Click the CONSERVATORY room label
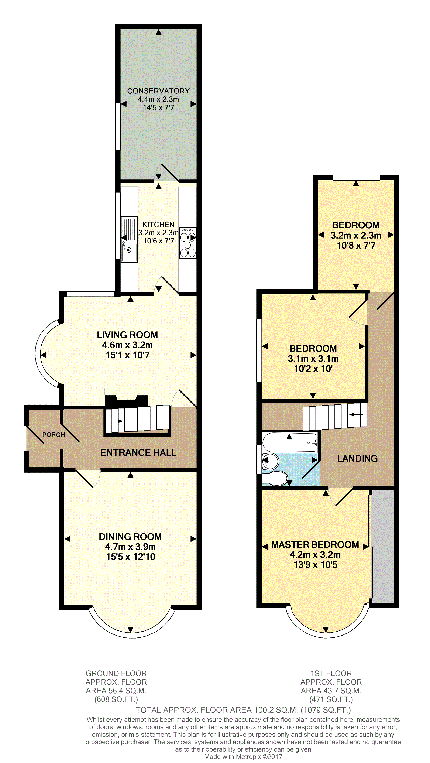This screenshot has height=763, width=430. (x=158, y=91)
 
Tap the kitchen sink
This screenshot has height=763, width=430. (x=129, y=239)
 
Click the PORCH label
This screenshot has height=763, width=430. (x=54, y=435)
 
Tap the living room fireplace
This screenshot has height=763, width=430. (x=127, y=397)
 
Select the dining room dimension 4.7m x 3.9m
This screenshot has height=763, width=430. (x=130, y=547)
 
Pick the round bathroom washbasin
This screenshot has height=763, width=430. (x=270, y=461)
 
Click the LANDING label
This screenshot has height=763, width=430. (x=357, y=459)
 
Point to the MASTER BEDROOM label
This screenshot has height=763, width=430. (x=315, y=544)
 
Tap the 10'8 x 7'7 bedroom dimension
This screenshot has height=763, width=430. (x=356, y=245)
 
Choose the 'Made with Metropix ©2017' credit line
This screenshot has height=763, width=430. (x=243, y=756)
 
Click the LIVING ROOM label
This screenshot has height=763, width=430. (x=127, y=335)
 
